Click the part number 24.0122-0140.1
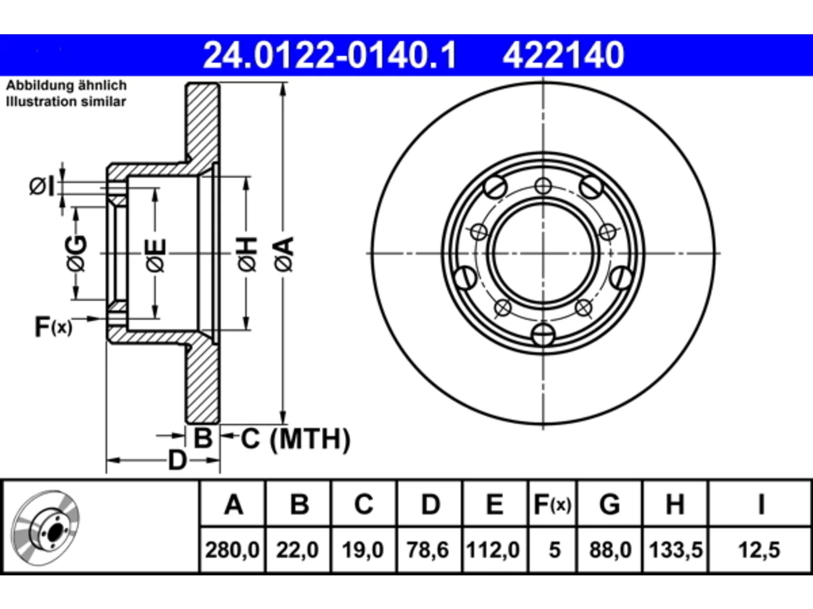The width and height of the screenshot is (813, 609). [330, 55]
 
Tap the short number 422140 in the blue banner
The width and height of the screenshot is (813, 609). [563, 55]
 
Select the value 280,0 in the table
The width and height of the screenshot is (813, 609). [232, 550]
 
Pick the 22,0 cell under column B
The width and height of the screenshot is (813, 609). [297, 550]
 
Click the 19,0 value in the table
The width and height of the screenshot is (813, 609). [363, 550]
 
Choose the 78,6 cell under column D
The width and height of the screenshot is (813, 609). [428, 550]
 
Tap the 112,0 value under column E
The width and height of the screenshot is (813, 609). [493, 550]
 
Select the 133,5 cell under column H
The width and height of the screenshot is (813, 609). [676, 550]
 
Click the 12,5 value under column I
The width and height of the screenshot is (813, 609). [759, 550]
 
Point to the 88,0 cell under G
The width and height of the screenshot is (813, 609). [610, 550]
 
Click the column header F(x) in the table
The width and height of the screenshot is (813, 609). [552, 504]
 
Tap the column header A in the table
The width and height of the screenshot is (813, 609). [234, 504]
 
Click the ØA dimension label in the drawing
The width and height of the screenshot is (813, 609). [284, 254]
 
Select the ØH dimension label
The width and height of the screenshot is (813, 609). [247, 254]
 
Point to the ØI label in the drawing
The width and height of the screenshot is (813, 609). [42, 186]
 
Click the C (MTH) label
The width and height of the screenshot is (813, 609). [295, 439]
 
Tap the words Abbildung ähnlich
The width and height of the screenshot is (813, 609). [66, 86]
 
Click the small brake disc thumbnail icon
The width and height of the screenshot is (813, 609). [46, 528]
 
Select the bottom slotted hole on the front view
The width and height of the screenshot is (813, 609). [543, 334]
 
